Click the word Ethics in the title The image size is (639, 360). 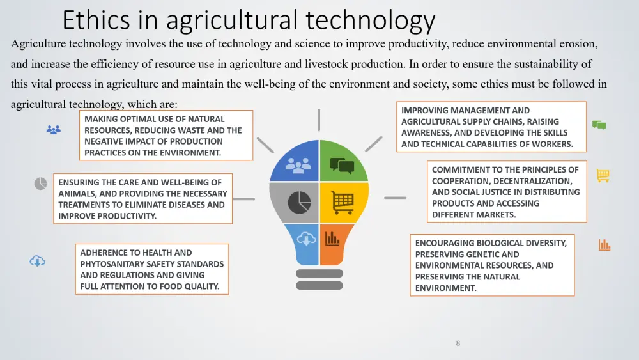click(x=96, y=20)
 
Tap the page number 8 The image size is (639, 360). click(x=458, y=343)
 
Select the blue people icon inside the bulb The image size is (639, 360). click(x=298, y=166)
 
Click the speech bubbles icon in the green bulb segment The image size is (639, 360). click(x=342, y=166)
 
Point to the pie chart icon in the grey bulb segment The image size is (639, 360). click(x=300, y=202)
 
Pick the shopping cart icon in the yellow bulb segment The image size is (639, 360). click(x=343, y=202)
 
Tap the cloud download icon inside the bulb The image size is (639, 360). click(x=306, y=239)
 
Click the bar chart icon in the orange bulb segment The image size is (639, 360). click(x=332, y=239)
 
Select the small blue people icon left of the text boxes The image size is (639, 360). click(x=54, y=130)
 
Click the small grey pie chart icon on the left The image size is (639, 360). click(x=40, y=184)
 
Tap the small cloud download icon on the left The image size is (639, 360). click(x=37, y=261)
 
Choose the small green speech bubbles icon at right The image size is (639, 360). click(x=599, y=125)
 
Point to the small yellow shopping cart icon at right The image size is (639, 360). click(x=603, y=176)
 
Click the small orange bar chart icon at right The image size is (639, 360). click(x=604, y=245)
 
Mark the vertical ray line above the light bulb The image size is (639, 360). click(x=319, y=120)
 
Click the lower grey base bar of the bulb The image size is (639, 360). click(x=319, y=285)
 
